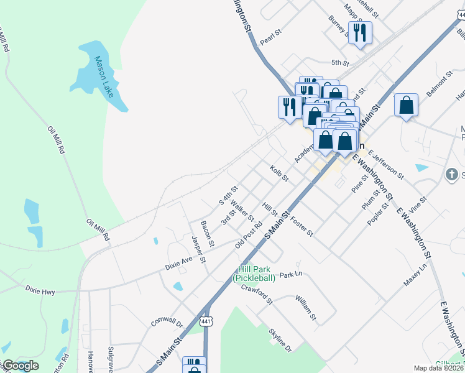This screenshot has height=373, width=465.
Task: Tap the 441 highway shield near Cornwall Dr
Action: point(206,321)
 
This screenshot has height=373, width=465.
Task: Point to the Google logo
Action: point(20,366)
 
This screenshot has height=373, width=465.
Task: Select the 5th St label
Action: point(340,63)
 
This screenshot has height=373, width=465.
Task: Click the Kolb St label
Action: point(280,173)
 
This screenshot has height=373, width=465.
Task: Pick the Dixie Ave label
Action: point(179,264)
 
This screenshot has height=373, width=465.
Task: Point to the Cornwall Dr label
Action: point(167,320)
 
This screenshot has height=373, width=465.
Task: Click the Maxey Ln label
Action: point(415,274)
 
